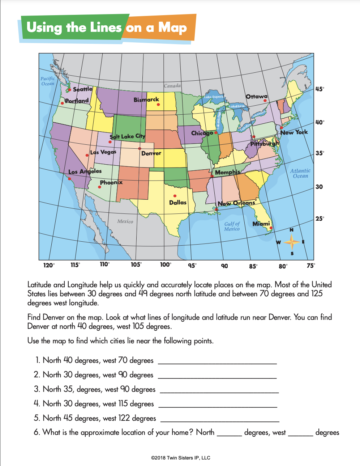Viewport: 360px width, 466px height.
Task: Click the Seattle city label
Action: click(x=83, y=89)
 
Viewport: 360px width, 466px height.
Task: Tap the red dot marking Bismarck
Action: click(x=158, y=105)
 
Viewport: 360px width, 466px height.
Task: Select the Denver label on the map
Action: click(x=151, y=153)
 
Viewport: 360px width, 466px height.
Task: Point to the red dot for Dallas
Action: click(x=175, y=196)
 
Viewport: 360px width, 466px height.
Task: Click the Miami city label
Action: click(x=261, y=224)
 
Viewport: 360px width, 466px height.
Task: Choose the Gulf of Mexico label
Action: click(x=232, y=226)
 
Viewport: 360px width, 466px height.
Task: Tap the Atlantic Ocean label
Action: click(x=300, y=173)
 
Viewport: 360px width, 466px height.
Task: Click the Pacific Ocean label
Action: click(x=48, y=81)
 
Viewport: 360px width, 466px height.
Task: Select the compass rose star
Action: click(x=292, y=242)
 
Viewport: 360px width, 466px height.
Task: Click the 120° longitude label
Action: click(x=49, y=265)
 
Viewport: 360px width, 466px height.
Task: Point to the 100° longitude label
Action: click(x=166, y=265)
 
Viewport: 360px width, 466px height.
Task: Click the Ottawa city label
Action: click(x=257, y=97)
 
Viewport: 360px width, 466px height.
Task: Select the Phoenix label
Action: click(x=111, y=182)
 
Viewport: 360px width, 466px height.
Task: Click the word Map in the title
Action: click(x=172, y=28)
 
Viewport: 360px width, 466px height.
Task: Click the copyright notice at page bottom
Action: click(x=180, y=458)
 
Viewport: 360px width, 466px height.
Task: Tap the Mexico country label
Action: click(x=125, y=221)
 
